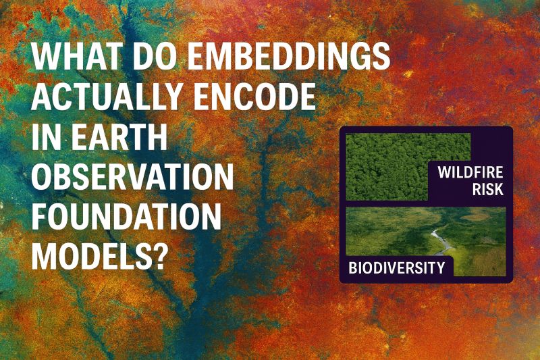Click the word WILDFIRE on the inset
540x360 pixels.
point(470,172)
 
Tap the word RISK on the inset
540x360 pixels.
point(487,189)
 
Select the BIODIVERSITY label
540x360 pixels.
point(397,267)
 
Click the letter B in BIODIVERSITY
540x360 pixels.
point(352,267)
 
